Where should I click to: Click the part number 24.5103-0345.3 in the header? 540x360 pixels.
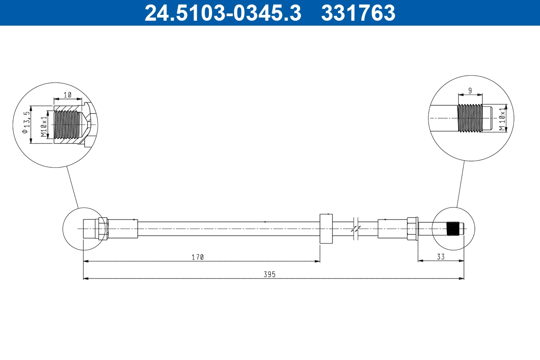(222, 13)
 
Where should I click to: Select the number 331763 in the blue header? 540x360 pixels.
(358, 13)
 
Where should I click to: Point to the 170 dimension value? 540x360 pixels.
(198, 257)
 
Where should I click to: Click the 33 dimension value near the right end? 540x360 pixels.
(441, 257)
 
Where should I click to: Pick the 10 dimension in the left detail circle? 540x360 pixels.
(67, 95)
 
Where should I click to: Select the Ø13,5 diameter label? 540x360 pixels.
(27, 125)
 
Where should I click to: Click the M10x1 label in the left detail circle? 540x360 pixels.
(44, 127)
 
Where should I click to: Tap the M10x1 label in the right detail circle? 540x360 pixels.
(501, 119)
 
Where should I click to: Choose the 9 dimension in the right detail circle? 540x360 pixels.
(470, 91)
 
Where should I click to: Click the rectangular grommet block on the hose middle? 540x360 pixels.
(326, 229)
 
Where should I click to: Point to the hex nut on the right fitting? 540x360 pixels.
(412, 228)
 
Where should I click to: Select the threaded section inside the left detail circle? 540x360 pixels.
(67, 124)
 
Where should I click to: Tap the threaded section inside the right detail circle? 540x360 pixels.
(469, 119)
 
